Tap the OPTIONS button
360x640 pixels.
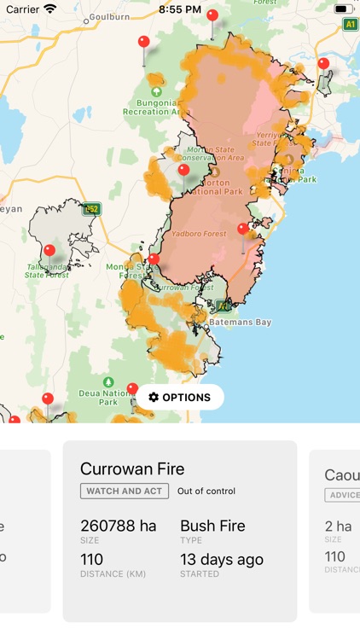tap(179, 397)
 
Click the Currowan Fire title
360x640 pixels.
tap(132, 468)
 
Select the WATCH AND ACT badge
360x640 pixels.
tap(125, 492)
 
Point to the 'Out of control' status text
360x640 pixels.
tap(206, 492)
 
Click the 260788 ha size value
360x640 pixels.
tap(119, 526)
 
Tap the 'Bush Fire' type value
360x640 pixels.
tap(212, 526)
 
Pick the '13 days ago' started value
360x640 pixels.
tap(222, 560)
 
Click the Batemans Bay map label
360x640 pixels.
tap(241, 322)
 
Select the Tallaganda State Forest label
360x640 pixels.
tap(48, 271)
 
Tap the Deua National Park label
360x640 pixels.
tap(108, 397)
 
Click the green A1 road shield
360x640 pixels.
tap(351, 25)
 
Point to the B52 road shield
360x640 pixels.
tap(92, 208)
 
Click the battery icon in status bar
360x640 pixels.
tap(343, 9)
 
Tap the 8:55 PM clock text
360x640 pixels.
tap(180, 9)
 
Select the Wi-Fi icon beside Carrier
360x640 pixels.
tap(50, 9)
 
